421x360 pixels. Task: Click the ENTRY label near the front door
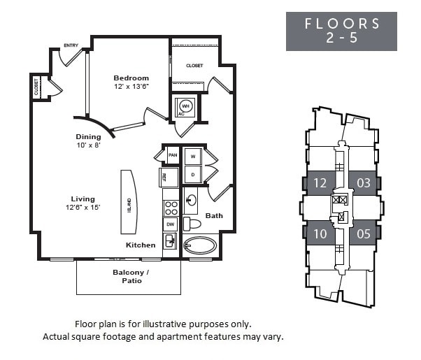pos(71,45)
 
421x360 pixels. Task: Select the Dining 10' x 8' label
pos(89,141)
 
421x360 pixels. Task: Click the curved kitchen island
pos(129,201)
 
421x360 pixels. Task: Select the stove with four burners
pos(171,208)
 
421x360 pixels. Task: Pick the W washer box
pos(192,156)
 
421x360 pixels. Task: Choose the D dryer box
pos(192,174)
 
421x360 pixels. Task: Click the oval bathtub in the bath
pos(200,246)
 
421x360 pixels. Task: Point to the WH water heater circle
pos(185,106)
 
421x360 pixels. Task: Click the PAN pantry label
pos(172,155)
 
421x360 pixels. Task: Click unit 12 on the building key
pos(320,184)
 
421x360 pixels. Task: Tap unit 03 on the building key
pos(364,184)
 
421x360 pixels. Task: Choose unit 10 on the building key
pos(320,234)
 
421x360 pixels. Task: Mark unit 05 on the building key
pos(364,234)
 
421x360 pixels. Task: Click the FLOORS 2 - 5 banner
pos(341,31)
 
